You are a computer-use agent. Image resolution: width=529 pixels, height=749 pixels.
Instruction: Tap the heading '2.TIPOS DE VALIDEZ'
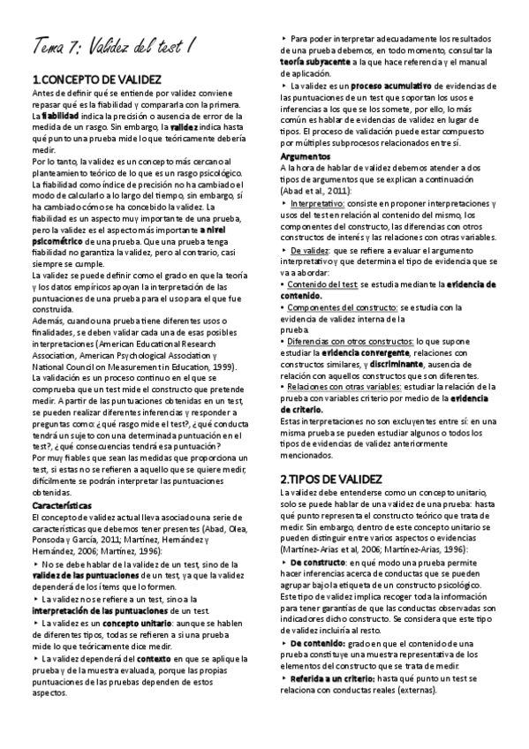click(330, 478)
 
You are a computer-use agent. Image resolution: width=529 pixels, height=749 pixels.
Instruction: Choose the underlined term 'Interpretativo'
click(320, 202)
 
